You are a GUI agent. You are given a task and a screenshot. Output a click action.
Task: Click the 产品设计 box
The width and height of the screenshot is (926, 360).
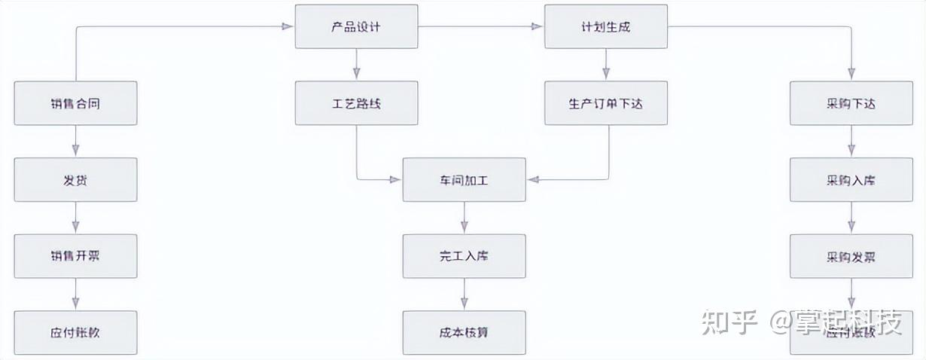point(356,27)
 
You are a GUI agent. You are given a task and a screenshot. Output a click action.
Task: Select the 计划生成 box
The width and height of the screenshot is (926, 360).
point(606,27)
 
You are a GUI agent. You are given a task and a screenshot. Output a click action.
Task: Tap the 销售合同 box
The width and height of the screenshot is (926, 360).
point(75,103)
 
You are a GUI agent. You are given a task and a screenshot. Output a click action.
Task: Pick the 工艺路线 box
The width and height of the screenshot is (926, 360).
point(356,103)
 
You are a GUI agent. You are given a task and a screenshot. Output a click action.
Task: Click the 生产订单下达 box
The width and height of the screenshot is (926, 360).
point(606,103)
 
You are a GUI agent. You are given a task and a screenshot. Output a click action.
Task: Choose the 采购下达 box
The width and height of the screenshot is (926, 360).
point(851,103)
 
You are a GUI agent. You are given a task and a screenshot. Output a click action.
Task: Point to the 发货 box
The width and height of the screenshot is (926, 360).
point(75,180)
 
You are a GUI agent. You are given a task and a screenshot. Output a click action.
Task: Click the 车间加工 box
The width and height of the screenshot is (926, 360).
point(464,180)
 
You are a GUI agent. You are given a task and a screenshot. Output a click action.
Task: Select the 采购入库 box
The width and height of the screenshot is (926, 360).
point(851,180)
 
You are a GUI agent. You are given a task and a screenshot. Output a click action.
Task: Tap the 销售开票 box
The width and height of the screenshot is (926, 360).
point(75,256)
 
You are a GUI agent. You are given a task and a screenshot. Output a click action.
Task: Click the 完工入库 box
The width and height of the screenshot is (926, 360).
point(464,256)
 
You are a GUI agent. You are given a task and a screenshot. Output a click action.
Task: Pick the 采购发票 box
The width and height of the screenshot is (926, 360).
point(851,256)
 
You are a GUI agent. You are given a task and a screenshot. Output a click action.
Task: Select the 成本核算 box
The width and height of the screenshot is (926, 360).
point(464,332)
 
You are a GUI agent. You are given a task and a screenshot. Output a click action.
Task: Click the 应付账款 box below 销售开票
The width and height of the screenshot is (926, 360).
point(75,332)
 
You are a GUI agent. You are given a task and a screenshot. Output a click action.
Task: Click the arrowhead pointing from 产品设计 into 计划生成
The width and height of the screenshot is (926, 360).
point(538,27)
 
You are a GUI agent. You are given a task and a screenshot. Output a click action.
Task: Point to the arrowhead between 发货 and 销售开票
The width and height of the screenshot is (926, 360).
point(75,227)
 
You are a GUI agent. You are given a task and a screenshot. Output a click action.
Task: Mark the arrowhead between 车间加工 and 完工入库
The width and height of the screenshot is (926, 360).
point(464,227)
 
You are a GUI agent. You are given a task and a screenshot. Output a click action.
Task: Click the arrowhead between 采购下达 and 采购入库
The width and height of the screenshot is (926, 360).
point(851,151)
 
